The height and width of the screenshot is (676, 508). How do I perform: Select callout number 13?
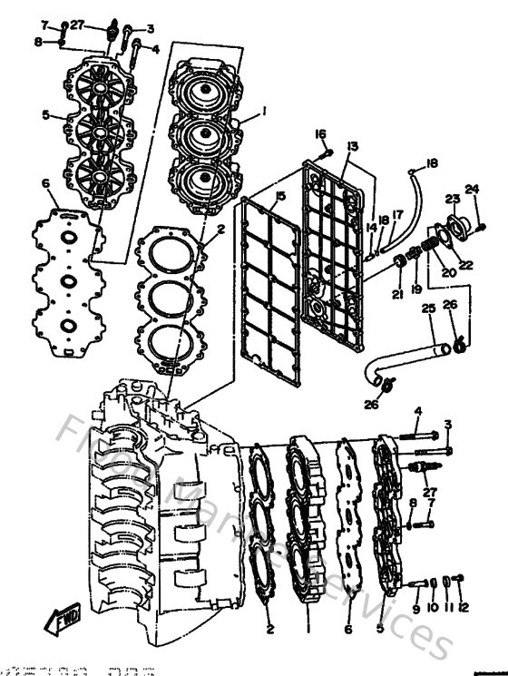click(353, 145)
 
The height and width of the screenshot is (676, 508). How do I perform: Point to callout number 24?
click(471, 190)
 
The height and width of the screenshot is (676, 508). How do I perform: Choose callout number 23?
click(452, 199)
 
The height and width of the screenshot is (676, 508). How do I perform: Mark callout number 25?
click(428, 309)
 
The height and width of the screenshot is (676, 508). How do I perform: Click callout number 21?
click(397, 293)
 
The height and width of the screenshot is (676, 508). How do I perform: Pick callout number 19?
click(416, 289)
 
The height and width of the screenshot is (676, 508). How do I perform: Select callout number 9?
click(416, 607)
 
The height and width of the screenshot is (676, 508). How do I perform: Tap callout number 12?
click(464, 607)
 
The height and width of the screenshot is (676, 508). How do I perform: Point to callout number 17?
click(397, 215)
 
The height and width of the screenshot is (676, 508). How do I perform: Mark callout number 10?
click(432, 607)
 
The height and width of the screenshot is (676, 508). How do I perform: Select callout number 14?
click(370, 228)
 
